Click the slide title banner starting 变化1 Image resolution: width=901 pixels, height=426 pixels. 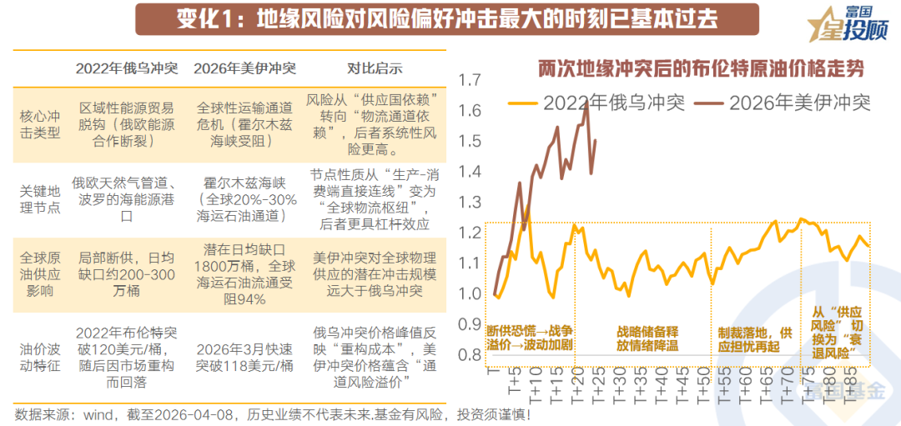447,19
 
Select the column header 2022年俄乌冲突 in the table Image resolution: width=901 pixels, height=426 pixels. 126,68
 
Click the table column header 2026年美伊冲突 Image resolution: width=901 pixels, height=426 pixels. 244,68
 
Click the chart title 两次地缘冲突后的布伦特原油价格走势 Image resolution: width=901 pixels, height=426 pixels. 699,68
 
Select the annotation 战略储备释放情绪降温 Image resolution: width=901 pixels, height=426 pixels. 647,338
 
